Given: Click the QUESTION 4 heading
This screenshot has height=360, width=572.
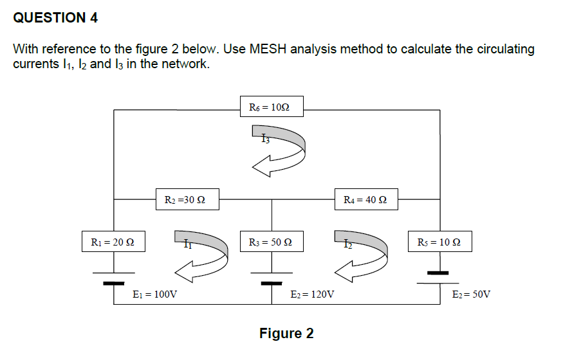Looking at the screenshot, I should pyautogui.click(x=55, y=18).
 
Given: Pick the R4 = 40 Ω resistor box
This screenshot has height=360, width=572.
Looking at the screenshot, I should pyautogui.click(x=366, y=199).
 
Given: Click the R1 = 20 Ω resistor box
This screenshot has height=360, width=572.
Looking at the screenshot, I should pyautogui.click(x=113, y=242).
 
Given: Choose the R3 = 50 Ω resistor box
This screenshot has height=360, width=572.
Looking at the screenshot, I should pyautogui.click(x=270, y=242).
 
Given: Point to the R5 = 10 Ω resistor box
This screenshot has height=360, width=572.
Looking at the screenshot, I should pyautogui.click(x=439, y=242).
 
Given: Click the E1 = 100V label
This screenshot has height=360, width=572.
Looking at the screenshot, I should pyautogui.click(x=155, y=294).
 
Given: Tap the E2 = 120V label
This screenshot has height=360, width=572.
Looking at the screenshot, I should pyautogui.click(x=313, y=294).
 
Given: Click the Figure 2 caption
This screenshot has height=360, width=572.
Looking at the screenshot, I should pyautogui.click(x=286, y=333).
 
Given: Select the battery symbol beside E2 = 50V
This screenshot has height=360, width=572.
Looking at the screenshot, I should pyautogui.click(x=439, y=274).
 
